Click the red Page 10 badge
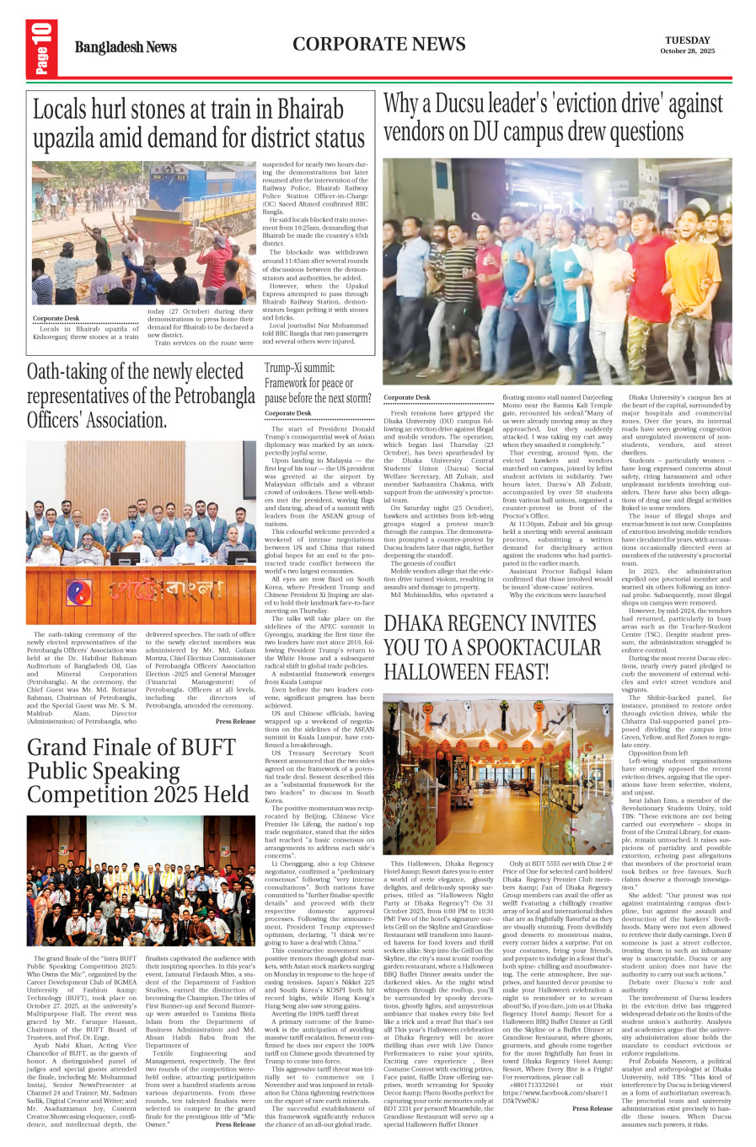[41, 48]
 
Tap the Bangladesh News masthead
[126, 47]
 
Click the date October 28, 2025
[687, 51]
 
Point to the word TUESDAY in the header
[687, 40]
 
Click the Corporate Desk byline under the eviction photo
[406, 397]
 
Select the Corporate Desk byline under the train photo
[56, 318]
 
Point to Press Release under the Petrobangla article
[235, 721]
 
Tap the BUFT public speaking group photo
[141, 880]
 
